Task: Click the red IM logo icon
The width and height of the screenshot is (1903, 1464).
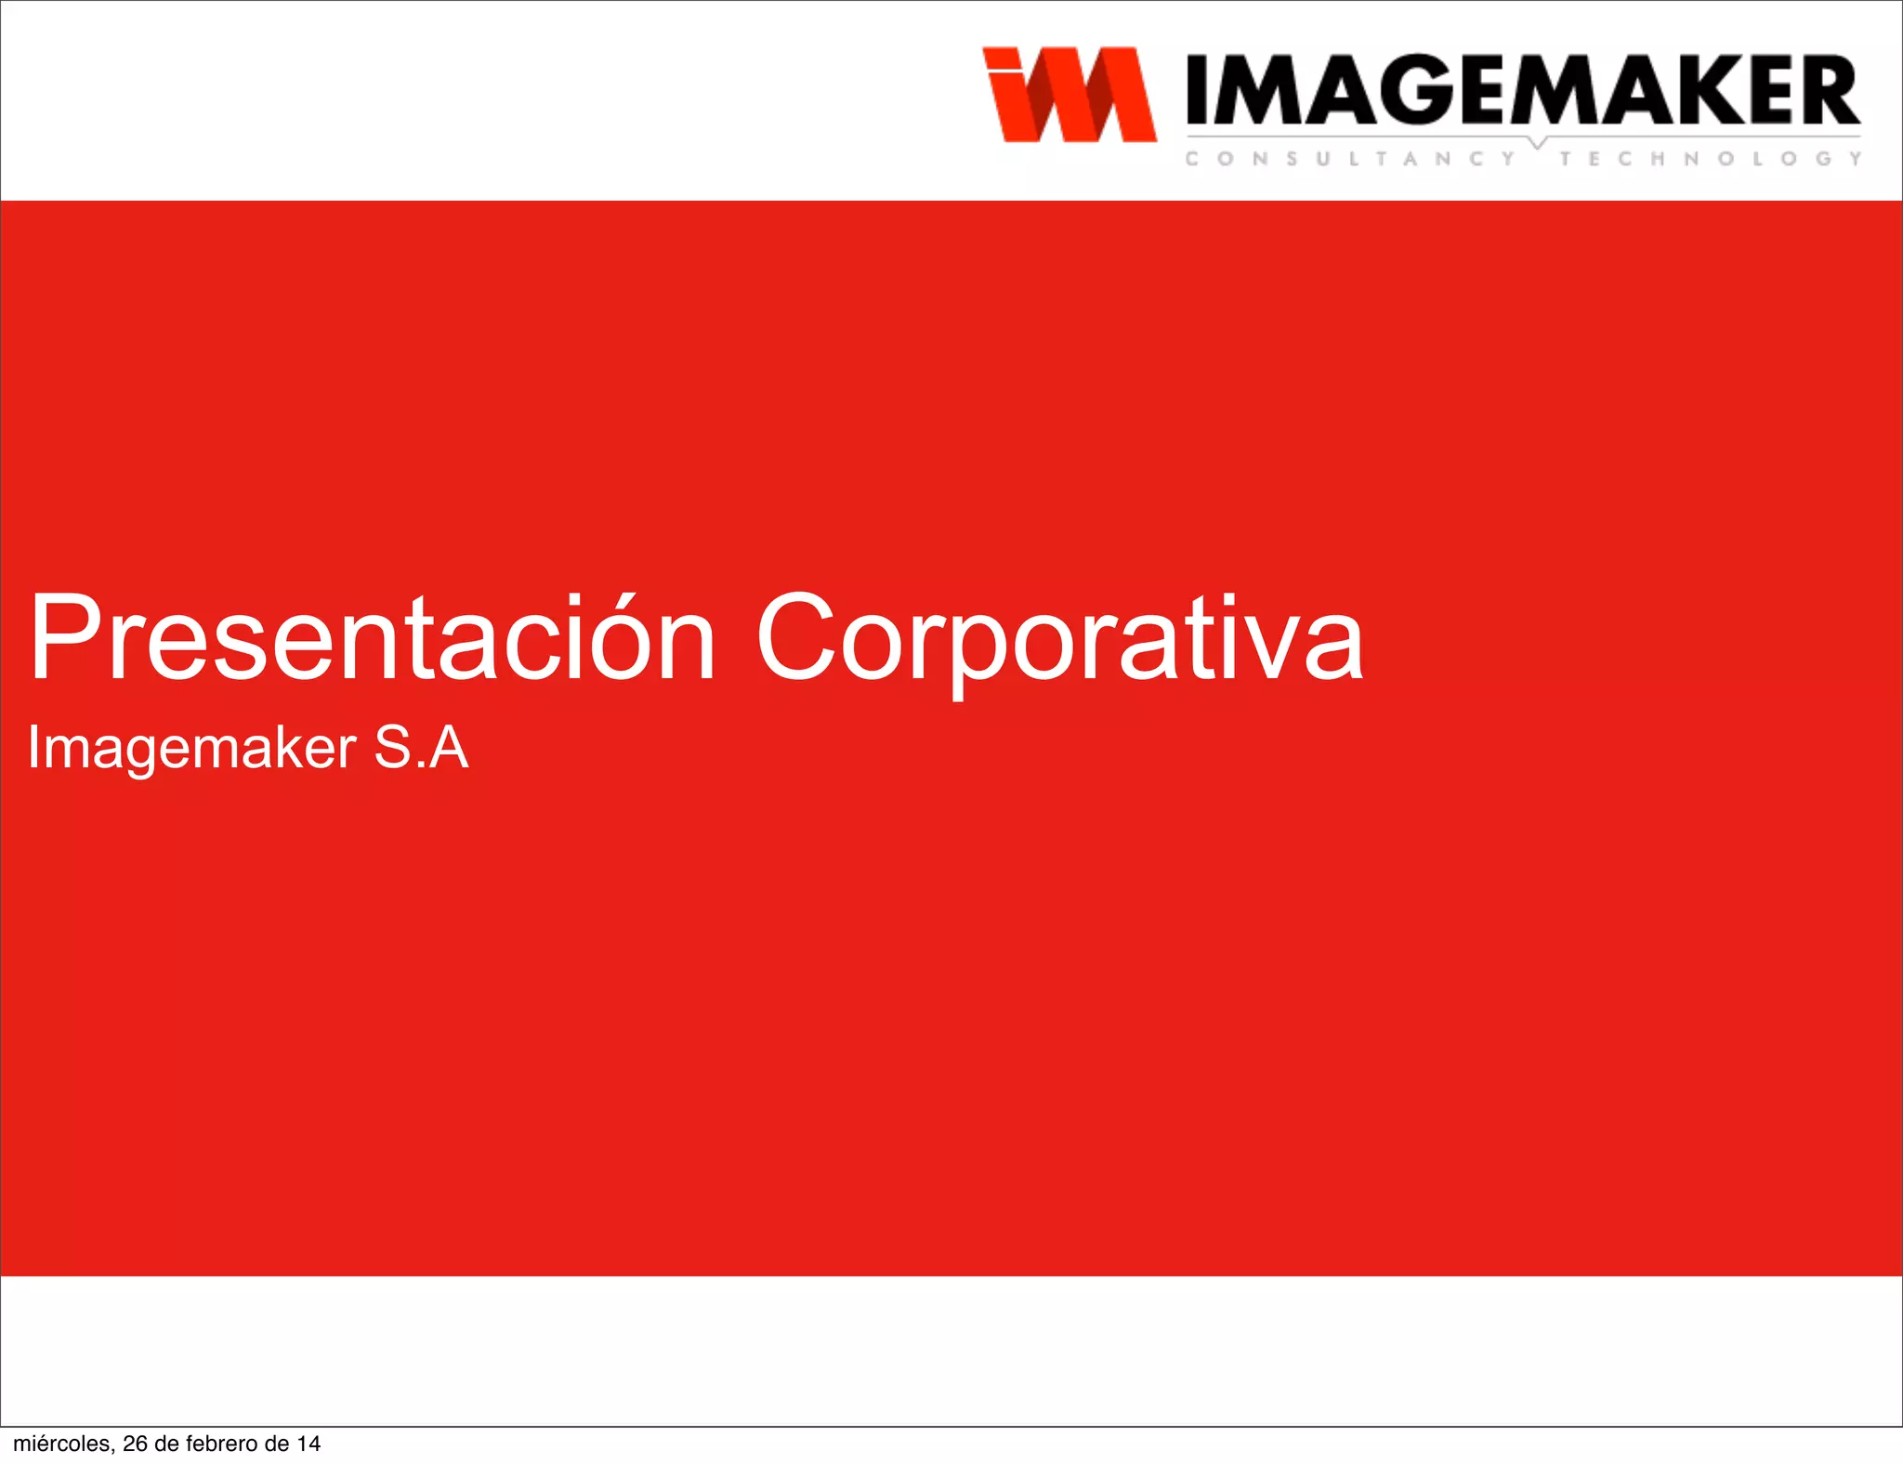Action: [1069, 95]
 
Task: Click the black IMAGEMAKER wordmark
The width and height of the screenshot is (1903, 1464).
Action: [1522, 90]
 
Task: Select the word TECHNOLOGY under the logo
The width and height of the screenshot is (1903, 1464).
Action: [1710, 159]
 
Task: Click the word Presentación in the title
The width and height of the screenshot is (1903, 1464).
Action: [373, 639]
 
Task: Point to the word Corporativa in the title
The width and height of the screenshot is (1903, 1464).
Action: [1059, 639]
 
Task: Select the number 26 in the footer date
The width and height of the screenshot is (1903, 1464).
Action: [136, 1444]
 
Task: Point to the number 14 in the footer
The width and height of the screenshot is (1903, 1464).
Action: [308, 1444]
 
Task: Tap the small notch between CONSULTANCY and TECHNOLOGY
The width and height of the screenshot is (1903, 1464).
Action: [1538, 143]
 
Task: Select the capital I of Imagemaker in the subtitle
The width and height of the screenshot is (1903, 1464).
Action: [33, 747]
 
